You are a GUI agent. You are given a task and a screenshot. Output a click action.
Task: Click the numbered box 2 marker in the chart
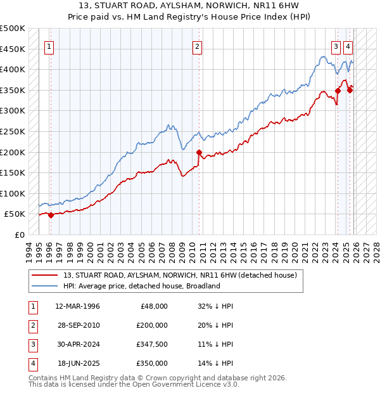coord(198,46)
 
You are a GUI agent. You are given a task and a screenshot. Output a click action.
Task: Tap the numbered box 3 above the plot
coord(336,46)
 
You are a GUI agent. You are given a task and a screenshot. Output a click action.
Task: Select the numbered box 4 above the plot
coord(348,46)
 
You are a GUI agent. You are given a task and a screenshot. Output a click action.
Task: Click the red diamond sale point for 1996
coord(51,215)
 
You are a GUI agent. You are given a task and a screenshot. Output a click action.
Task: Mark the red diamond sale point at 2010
coord(199,152)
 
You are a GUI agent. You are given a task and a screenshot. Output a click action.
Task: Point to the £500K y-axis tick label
coord(13,29)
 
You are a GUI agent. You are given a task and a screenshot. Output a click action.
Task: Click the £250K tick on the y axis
coord(13,131)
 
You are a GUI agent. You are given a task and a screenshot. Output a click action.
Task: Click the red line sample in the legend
coord(46,275)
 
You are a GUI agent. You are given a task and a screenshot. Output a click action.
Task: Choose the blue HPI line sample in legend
coord(46,286)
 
